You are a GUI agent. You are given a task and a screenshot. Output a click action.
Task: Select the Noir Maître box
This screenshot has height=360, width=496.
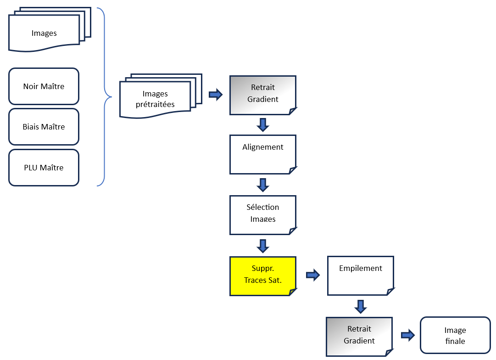click(x=44, y=86)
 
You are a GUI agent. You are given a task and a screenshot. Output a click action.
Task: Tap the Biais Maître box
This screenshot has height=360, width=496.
click(x=44, y=127)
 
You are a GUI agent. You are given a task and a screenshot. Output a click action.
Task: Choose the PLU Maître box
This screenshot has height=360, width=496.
click(x=44, y=168)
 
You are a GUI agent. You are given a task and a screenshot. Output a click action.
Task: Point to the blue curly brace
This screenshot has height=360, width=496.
click(x=105, y=97)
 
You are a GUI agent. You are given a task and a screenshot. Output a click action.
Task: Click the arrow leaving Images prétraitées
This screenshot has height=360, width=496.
click(x=216, y=95)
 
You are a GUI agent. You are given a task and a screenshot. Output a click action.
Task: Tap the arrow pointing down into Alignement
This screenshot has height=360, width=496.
click(x=263, y=124)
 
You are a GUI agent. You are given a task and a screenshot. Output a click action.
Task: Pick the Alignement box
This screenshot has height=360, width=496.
click(x=263, y=154)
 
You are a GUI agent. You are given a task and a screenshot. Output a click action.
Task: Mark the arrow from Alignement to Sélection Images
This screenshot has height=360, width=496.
click(x=263, y=185)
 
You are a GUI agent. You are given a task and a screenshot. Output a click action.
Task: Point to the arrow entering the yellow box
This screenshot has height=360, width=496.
click(x=263, y=246)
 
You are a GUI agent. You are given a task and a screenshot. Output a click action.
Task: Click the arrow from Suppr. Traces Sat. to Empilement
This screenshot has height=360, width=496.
click(x=313, y=276)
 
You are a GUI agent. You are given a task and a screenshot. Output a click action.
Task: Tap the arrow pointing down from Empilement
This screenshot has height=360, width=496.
click(x=360, y=306)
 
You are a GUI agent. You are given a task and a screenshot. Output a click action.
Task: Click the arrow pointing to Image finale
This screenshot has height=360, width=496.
click(x=407, y=335)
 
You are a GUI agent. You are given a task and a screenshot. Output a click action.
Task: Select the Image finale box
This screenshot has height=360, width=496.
click(x=455, y=335)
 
